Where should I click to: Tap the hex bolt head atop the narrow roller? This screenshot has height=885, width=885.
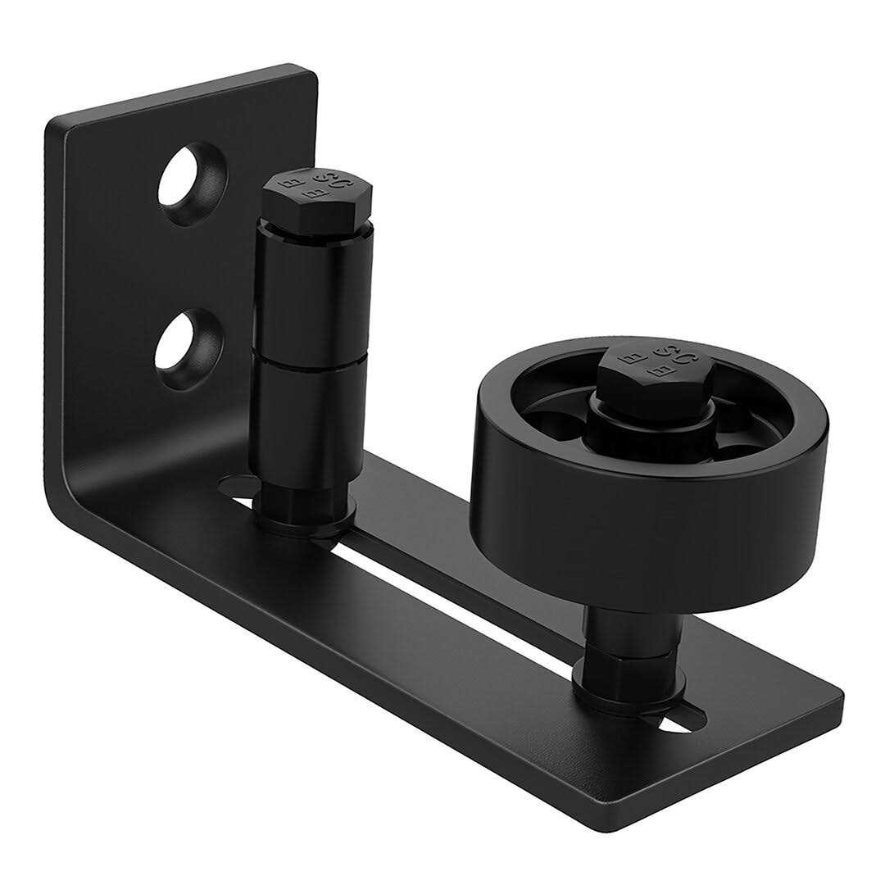coord(317,193)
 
